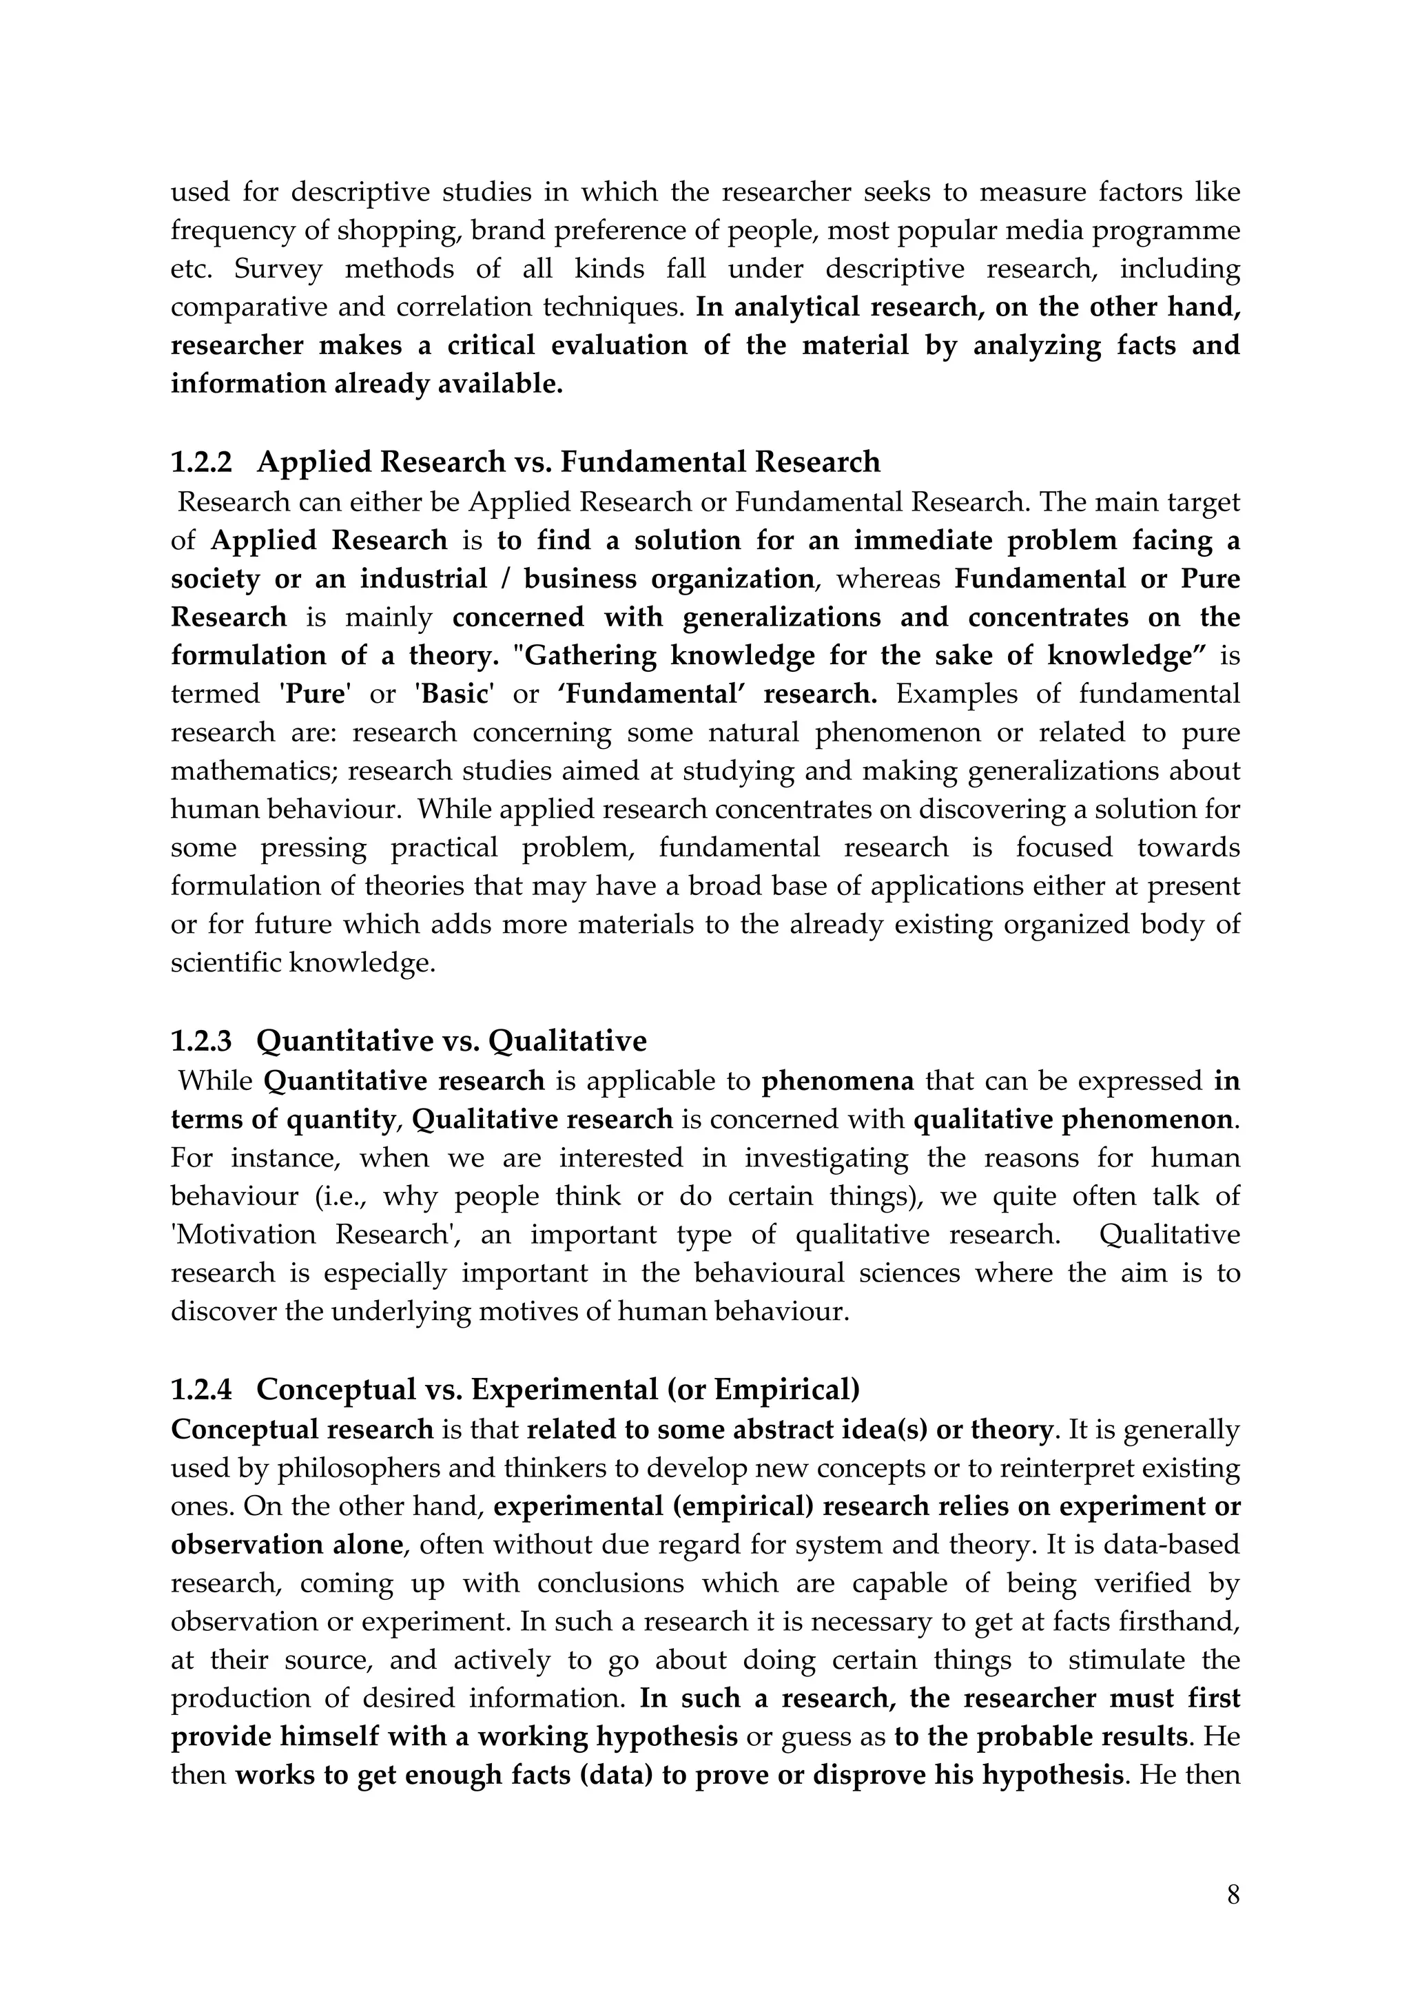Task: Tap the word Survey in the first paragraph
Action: coord(278,269)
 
